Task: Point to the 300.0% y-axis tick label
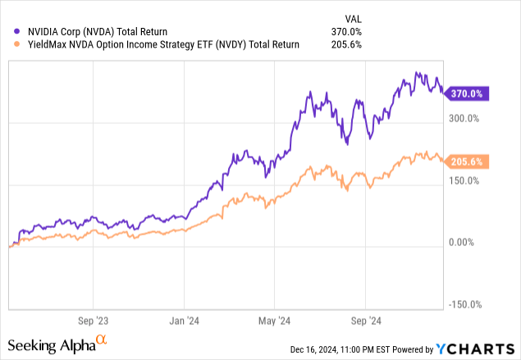point(465,119)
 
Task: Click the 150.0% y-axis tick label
point(465,180)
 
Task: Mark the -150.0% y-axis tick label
point(464,304)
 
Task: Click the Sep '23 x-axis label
point(92,321)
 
